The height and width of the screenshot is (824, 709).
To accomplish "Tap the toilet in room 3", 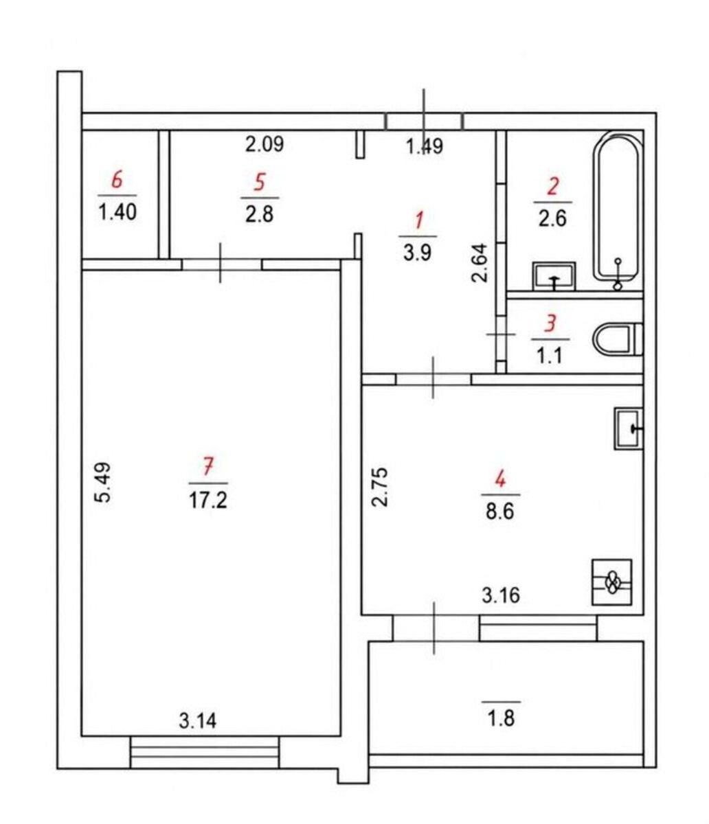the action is [618, 340].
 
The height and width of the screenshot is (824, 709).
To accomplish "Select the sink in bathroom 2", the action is [554, 276].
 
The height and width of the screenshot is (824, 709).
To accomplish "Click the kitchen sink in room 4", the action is [629, 428].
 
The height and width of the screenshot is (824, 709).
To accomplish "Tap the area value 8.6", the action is [500, 512].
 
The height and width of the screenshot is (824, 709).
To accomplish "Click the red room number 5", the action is [260, 183].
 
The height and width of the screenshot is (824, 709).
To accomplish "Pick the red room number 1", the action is [418, 221].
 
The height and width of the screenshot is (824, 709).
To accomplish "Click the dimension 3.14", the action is [197, 721].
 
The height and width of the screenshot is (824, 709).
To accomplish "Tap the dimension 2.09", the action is [265, 144].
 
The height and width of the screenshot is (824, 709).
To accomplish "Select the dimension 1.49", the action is [425, 146].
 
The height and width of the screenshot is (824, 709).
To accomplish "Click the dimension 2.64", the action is [480, 263].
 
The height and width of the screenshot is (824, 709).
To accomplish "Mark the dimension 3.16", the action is [501, 595].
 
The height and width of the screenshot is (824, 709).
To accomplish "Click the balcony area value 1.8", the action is [501, 719].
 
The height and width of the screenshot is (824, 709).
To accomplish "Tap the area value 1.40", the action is [117, 211].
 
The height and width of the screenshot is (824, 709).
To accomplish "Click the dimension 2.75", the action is [379, 487].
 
